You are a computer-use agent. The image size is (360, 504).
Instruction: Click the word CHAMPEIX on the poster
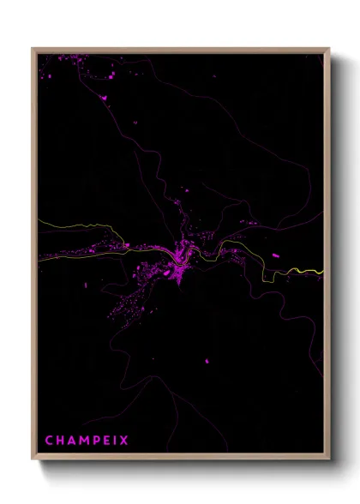point(87,441)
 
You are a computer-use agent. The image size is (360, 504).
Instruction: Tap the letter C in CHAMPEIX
point(49,441)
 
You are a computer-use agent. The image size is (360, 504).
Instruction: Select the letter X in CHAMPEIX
point(124,441)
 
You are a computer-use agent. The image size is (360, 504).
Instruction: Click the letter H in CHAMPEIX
point(59,441)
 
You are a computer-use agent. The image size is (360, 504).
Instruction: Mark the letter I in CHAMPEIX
point(115,441)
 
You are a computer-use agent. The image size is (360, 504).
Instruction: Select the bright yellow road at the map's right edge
point(313,272)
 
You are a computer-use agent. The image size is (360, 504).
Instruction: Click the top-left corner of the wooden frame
point(33,49)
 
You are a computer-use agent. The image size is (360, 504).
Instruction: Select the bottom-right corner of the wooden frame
point(328,459)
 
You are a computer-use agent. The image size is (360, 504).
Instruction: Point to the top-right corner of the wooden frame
point(328,49)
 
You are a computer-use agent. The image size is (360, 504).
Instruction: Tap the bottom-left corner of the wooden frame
point(33,459)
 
